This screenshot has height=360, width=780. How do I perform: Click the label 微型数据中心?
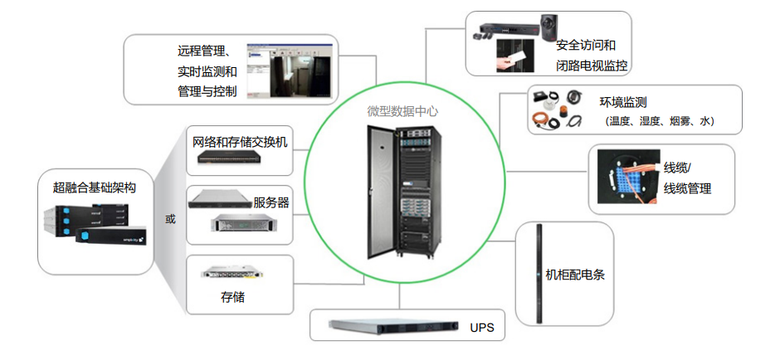402,111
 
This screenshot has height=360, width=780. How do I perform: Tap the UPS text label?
481,328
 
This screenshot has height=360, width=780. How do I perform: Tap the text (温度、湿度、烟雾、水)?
659,121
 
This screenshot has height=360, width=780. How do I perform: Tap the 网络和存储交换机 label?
240,141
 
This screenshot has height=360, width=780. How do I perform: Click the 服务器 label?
271,202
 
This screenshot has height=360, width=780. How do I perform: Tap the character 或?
170,219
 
